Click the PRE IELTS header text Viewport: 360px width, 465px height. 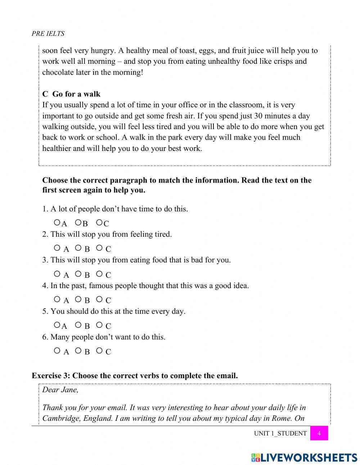coord(48,33)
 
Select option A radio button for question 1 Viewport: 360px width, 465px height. coord(57,223)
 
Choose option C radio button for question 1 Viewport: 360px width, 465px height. coord(99,223)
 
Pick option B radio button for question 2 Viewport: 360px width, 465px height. coord(78,248)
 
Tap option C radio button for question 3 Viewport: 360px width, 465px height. coord(99,274)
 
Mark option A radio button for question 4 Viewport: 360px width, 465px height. coord(57,299)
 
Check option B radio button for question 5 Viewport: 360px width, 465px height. coord(78,325)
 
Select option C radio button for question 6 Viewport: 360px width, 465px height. coord(99,350)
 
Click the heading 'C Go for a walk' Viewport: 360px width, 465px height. coord(71,94)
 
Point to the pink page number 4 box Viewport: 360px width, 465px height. coord(319,433)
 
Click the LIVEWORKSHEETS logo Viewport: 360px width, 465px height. coord(304,457)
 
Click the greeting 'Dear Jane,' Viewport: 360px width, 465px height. coord(60,390)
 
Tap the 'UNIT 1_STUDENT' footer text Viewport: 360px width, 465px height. coord(280,433)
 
